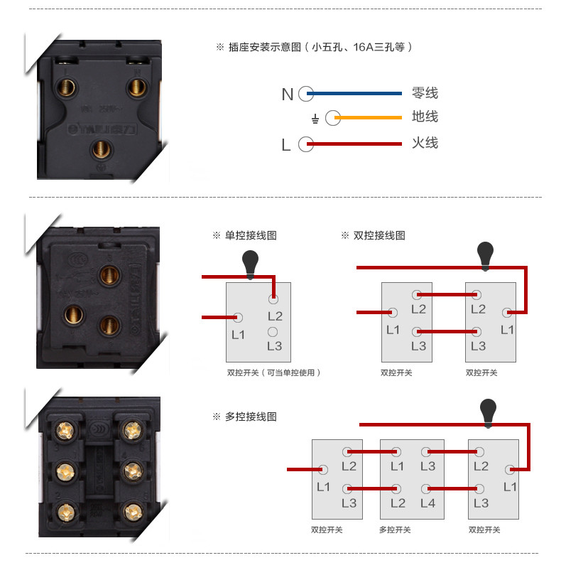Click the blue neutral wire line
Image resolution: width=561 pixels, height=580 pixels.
(x=355, y=93)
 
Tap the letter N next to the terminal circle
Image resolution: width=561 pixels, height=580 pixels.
(x=287, y=95)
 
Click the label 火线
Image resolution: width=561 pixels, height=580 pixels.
(x=425, y=143)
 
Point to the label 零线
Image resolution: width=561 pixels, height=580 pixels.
(x=425, y=93)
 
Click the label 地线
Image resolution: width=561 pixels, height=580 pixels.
(x=425, y=117)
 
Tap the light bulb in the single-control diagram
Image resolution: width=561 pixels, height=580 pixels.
(x=251, y=263)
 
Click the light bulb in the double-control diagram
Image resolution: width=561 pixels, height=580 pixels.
(x=485, y=254)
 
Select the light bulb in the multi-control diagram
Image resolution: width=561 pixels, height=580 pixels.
(x=488, y=412)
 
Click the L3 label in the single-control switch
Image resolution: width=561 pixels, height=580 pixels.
(x=274, y=346)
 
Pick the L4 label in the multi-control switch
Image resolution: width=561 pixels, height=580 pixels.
(x=427, y=503)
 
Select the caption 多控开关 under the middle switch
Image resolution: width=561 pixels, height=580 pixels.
(x=395, y=530)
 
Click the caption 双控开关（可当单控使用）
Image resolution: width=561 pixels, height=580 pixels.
(x=273, y=372)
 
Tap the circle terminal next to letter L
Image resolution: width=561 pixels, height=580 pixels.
(x=305, y=144)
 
